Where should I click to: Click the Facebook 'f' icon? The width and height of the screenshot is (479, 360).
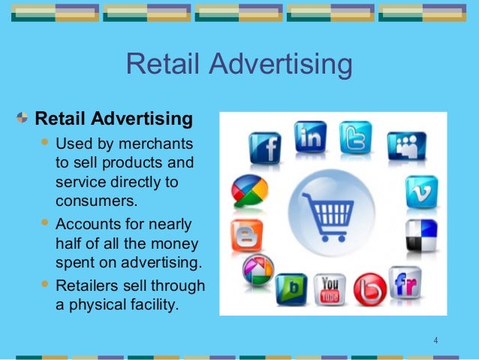(x=264, y=147)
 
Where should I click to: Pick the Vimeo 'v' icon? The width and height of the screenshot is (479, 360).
(x=421, y=192)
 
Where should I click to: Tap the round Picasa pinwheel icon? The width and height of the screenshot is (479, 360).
(x=258, y=271)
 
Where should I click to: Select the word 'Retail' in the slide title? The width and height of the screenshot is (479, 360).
(x=158, y=65)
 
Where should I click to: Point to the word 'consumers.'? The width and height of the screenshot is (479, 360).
(x=97, y=201)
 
